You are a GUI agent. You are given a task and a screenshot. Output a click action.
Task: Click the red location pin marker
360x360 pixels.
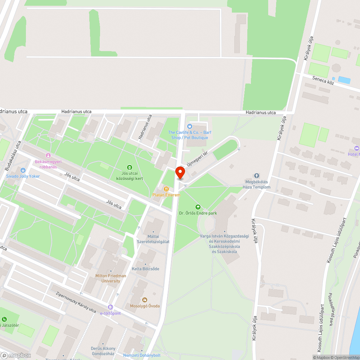point(180,173)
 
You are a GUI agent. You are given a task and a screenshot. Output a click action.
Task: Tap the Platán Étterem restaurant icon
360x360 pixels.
point(166,189)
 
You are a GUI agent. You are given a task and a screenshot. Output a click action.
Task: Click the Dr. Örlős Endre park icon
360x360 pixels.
point(198,207)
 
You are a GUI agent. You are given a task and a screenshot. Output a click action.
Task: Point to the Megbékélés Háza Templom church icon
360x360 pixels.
point(256,176)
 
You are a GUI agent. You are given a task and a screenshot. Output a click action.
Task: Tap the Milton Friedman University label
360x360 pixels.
point(111,278)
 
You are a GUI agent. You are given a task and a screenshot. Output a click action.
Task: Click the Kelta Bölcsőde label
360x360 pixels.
point(145,269)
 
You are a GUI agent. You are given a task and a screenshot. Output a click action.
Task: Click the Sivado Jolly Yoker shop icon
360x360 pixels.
point(23,170)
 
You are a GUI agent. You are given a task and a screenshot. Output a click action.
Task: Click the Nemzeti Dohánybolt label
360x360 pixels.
point(142,355)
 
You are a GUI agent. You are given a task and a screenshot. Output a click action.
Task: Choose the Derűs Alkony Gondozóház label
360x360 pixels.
point(103,351)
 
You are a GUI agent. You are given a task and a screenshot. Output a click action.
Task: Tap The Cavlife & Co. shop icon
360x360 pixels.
point(190,126)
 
